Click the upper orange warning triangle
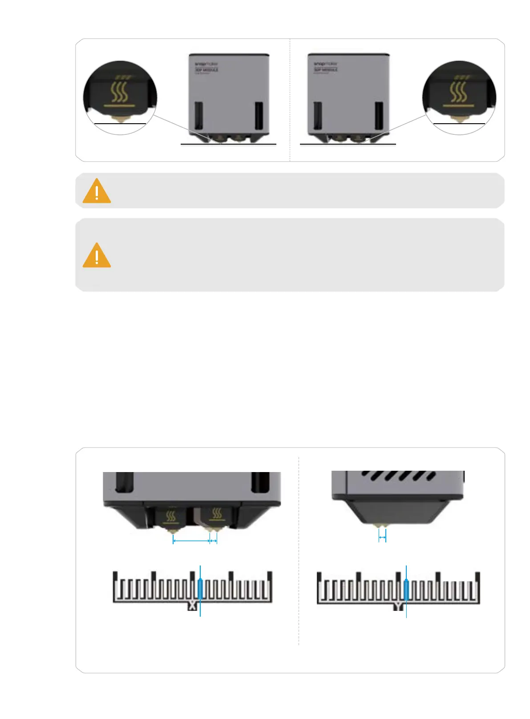click(x=97, y=191)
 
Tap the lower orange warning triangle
click(x=97, y=256)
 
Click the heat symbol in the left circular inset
click(x=119, y=91)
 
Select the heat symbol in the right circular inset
click(x=459, y=91)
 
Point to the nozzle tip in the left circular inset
click(x=120, y=119)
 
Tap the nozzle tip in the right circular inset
click(x=458, y=119)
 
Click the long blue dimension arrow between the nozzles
click(x=191, y=541)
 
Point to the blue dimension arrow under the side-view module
click(x=382, y=537)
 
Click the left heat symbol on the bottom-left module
click(x=171, y=516)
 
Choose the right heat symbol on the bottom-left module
click(x=217, y=514)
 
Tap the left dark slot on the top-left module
click(x=199, y=116)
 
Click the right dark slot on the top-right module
click(x=379, y=116)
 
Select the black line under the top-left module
click(x=228, y=144)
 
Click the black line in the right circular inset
click(x=459, y=123)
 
